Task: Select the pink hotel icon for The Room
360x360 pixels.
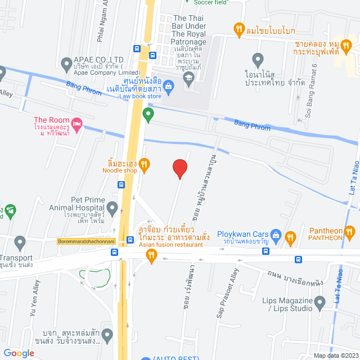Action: (x=78, y=123)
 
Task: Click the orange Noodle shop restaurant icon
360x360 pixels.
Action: (x=144, y=164)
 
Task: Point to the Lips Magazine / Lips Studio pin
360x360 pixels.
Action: (x=320, y=304)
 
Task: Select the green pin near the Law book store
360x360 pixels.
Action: (x=148, y=115)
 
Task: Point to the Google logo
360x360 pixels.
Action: (x=19, y=353)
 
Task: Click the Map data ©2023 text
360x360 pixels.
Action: (x=335, y=355)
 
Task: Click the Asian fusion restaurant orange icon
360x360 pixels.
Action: (x=151, y=255)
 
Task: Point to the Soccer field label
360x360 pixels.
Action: (x=211, y=2)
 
